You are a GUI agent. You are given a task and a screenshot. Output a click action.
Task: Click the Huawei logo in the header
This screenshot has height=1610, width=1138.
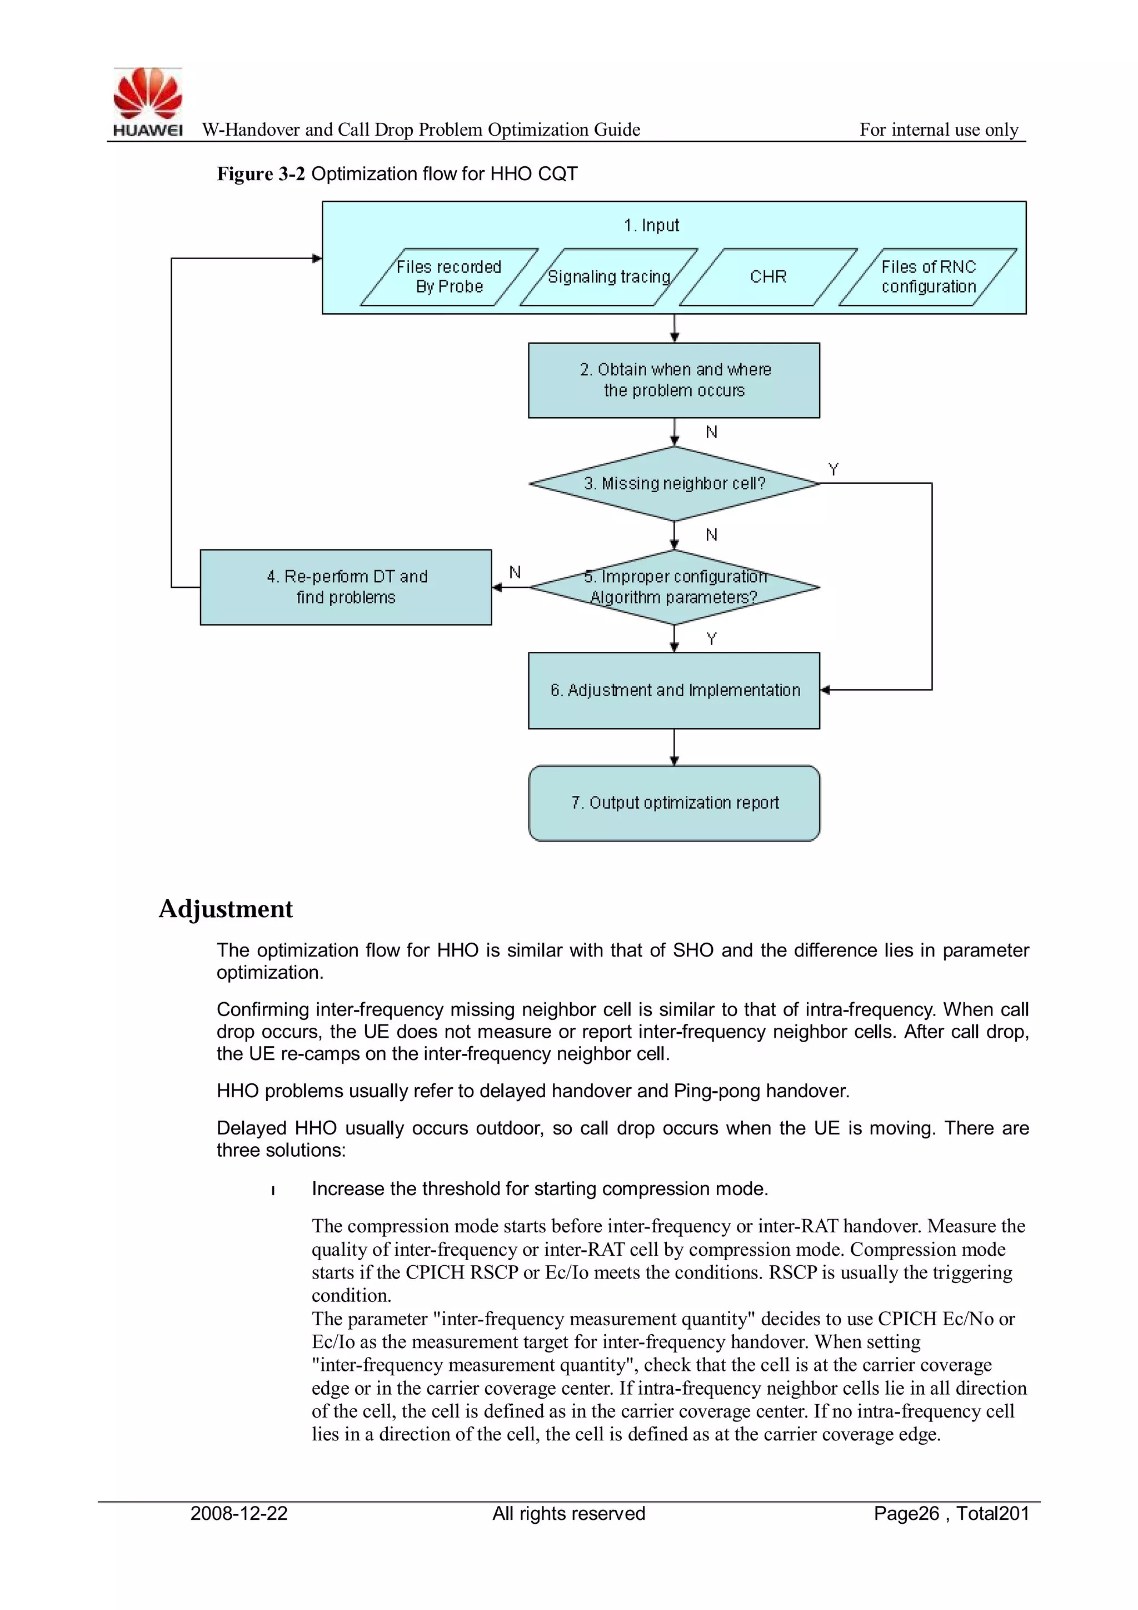(148, 102)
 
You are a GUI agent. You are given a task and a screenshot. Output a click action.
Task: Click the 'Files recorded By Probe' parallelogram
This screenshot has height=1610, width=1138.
(449, 277)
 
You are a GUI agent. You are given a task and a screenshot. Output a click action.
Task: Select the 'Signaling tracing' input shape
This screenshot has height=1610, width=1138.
(609, 277)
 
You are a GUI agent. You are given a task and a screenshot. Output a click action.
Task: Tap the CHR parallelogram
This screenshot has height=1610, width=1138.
(768, 277)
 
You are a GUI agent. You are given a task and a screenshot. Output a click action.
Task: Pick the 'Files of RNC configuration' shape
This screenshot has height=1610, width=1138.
(928, 277)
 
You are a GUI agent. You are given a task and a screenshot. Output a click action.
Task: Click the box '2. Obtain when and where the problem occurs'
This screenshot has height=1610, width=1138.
(673, 380)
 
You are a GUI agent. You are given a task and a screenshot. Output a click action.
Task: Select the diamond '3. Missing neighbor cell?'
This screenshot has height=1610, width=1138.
(674, 484)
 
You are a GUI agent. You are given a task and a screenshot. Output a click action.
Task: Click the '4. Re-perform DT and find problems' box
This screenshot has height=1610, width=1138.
(346, 587)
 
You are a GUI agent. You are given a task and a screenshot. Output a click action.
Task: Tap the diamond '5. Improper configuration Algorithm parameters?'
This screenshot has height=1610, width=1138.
(674, 587)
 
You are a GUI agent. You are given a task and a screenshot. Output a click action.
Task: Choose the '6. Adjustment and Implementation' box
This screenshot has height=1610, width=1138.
(673, 690)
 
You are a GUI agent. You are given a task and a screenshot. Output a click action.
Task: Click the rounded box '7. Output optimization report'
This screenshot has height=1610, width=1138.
(673, 803)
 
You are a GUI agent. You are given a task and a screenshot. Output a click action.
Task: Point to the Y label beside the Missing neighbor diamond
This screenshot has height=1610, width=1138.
(833, 469)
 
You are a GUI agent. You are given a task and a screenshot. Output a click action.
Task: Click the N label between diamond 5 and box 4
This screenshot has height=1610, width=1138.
(515, 572)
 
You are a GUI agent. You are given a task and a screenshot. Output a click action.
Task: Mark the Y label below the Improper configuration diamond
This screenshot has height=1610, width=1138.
(712, 639)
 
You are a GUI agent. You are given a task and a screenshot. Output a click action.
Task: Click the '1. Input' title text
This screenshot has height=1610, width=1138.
(651, 225)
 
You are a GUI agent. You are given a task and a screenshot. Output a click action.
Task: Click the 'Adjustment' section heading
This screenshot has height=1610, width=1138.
(225, 909)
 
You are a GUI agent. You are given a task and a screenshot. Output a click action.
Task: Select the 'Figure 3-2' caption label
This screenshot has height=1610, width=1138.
(261, 174)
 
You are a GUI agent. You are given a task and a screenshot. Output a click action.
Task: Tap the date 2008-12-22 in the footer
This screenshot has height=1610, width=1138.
(239, 1513)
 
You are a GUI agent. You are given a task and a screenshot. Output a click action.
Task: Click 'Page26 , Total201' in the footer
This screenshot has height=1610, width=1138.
(951, 1513)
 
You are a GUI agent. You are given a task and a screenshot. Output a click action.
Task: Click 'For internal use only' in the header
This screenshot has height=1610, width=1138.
(939, 130)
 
